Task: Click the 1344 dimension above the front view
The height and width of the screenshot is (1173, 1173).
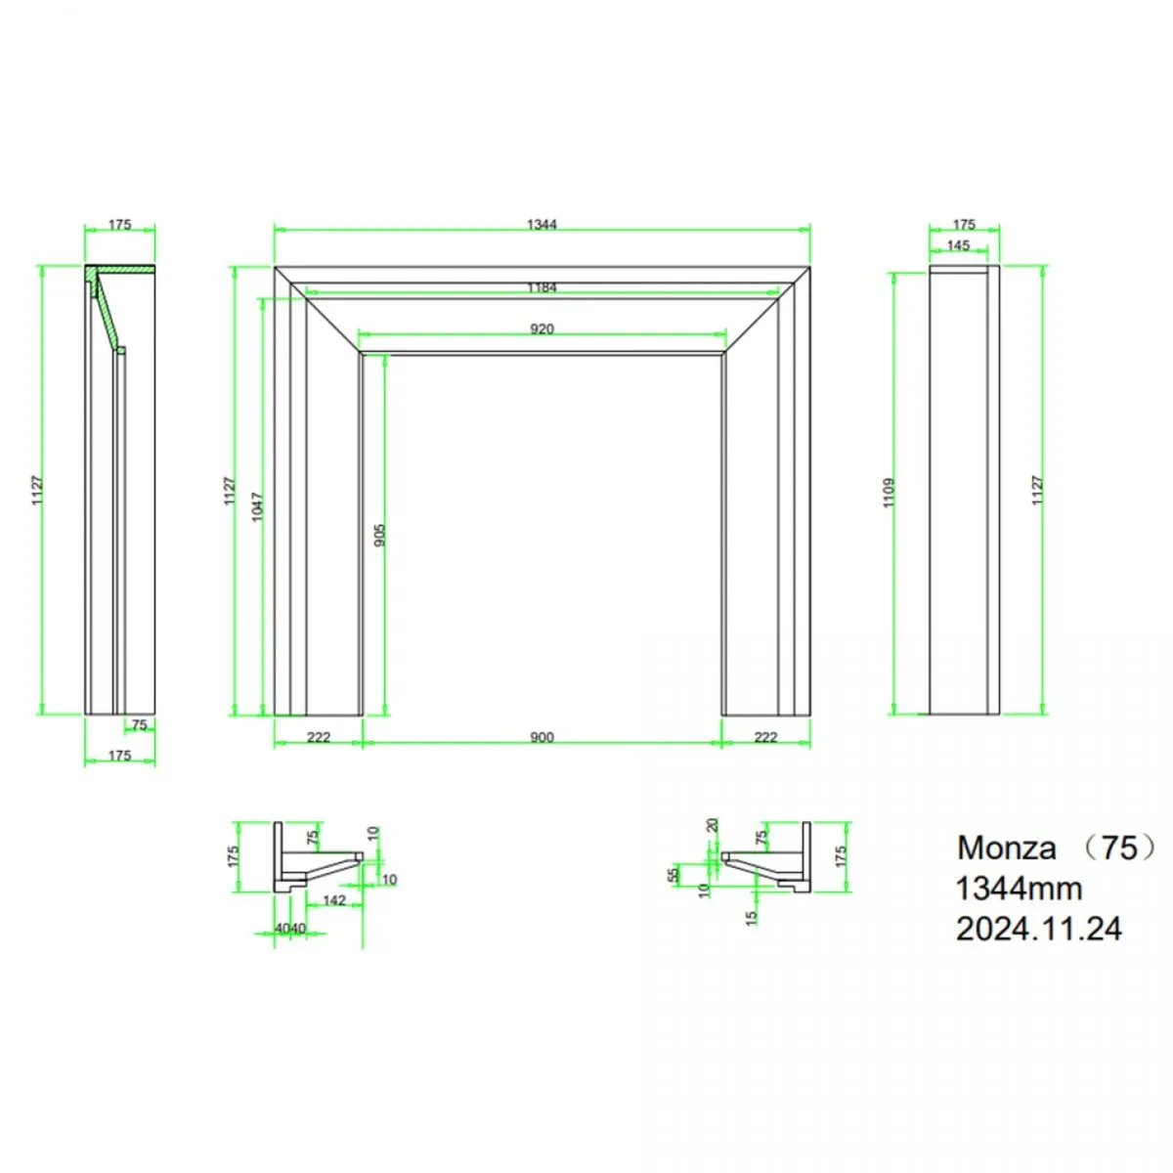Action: [x=542, y=225]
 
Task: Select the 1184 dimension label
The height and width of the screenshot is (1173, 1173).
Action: [x=542, y=287]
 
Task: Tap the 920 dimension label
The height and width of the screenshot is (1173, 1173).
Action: [x=542, y=329]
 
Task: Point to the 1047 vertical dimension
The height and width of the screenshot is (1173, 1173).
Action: [x=258, y=506]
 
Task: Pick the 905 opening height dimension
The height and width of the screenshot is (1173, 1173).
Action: [x=380, y=535]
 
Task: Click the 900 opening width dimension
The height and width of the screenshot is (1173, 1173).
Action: [x=542, y=737]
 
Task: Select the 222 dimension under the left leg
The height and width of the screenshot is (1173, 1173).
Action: [x=319, y=737]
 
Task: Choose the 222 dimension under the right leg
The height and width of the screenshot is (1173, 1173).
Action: [x=765, y=737]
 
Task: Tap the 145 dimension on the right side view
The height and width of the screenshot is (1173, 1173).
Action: [x=958, y=245]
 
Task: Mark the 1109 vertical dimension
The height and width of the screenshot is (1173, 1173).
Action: [x=889, y=492]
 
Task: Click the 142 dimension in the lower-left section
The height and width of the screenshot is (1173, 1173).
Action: [x=334, y=900]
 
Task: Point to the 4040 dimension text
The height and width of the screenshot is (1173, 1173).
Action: [x=290, y=928]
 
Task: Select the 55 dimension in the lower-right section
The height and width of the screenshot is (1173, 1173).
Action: [x=673, y=875]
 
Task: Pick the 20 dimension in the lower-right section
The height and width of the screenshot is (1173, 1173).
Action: [x=713, y=825]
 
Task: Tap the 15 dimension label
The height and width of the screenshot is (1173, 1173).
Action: [x=752, y=918]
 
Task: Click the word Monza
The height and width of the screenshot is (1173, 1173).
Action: [x=1006, y=847]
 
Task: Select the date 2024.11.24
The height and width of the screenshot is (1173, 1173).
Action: [x=1038, y=929]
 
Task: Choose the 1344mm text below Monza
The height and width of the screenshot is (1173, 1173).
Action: [x=1019, y=889]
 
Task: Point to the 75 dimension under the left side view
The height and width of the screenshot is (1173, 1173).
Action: [x=139, y=725]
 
